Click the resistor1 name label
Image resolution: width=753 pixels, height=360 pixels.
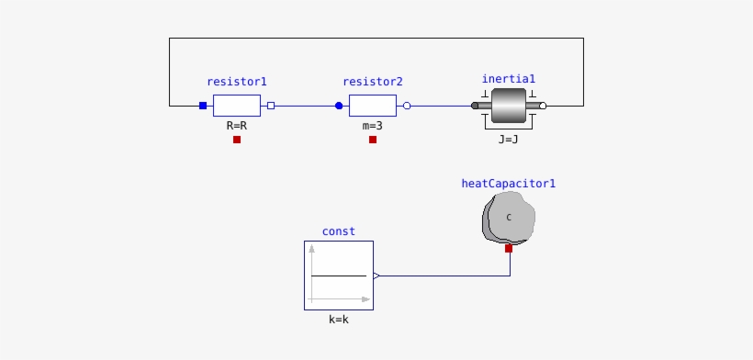point(237,82)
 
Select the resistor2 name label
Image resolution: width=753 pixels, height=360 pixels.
point(373,82)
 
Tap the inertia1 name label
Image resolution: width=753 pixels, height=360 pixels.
point(508,79)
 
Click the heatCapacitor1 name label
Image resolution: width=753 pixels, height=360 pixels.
point(508,184)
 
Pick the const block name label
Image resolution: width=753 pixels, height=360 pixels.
point(338,231)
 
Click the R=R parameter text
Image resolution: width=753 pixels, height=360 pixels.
point(237,125)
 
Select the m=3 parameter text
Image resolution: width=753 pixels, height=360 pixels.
point(373,125)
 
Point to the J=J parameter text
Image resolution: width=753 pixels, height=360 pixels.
point(508,140)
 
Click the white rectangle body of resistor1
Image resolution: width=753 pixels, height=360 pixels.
point(237,106)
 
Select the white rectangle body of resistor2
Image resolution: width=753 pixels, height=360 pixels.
point(373,106)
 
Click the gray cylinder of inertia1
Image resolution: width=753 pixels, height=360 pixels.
point(508,106)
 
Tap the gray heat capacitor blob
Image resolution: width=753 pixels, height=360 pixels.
point(508,219)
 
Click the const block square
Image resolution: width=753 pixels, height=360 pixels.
point(338,276)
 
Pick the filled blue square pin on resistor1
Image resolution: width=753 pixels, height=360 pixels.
point(203,106)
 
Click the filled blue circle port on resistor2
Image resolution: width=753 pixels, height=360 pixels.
point(339,106)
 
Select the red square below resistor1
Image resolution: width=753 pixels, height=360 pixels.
point(237,140)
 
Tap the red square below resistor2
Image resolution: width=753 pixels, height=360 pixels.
point(373,140)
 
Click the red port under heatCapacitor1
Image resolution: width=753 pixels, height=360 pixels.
point(509,248)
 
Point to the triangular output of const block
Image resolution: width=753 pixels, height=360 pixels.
point(376,276)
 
